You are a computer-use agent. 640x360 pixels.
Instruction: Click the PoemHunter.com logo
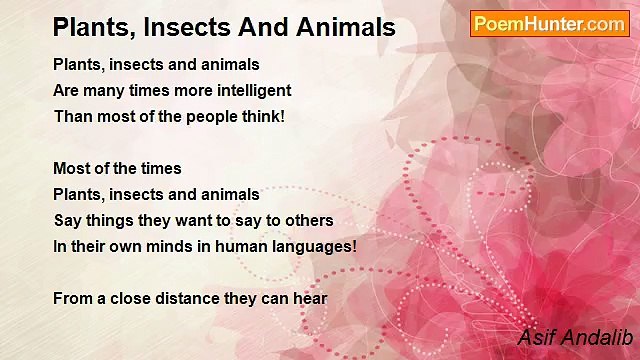click(549, 24)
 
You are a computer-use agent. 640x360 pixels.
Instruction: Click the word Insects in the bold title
click(190, 27)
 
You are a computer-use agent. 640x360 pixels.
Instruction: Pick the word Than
click(71, 117)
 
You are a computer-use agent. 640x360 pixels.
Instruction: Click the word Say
click(68, 220)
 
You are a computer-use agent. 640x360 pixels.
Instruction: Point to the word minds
click(173, 246)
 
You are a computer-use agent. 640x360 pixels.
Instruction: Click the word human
click(241, 246)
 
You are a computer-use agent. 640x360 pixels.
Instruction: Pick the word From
click(72, 298)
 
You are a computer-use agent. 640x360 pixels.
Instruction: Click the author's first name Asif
click(535, 337)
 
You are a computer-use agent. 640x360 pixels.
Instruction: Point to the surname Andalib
click(595, 337)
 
